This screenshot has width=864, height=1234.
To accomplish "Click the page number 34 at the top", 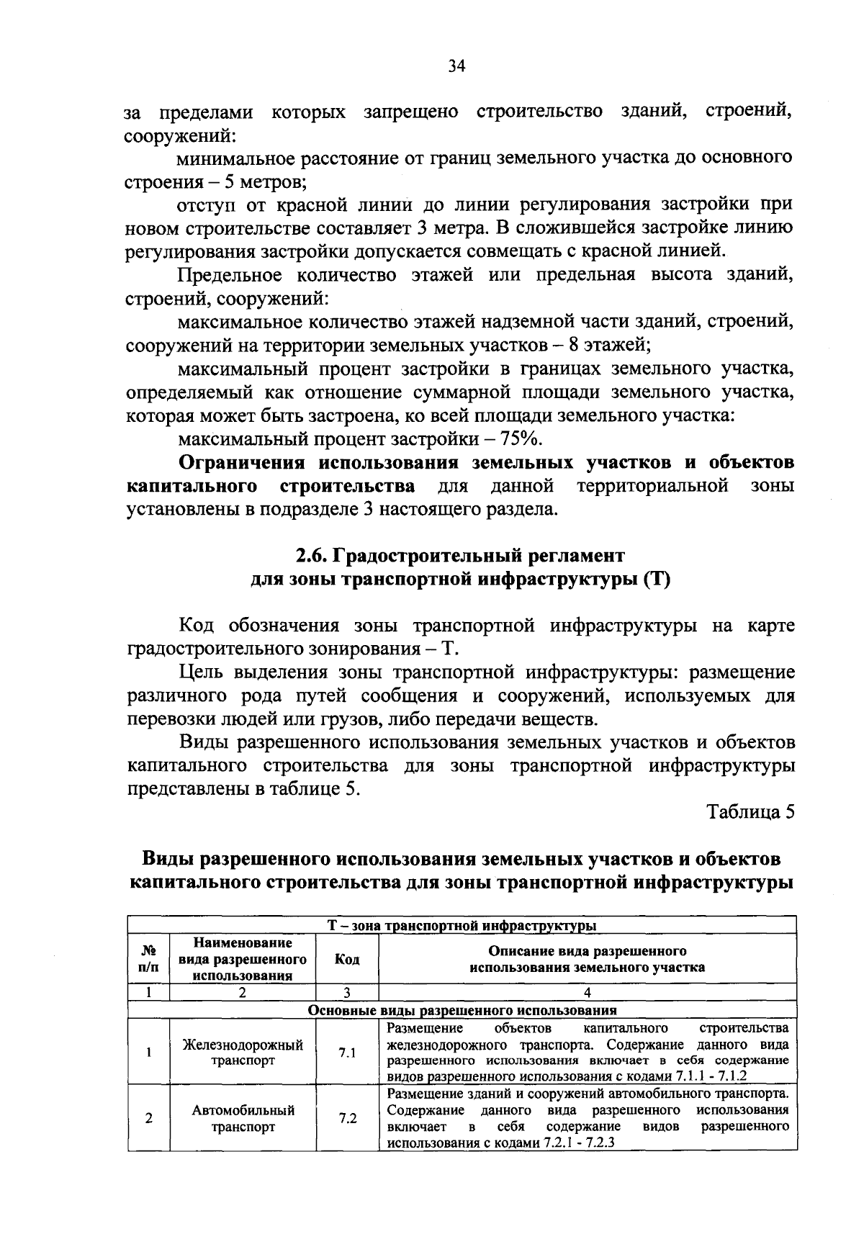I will [x=456, y=66].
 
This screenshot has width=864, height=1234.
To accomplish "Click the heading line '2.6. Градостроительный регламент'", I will [x=460, y=556].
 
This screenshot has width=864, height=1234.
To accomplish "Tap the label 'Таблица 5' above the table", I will [x=751, y=812].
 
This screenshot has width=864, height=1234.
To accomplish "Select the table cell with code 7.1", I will [x=347, y=1053].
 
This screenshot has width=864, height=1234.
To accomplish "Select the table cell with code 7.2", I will [x=347, y=1119].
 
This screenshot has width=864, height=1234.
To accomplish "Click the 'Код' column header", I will [x=347, y=959].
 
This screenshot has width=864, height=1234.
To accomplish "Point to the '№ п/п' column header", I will [x=148, y=959].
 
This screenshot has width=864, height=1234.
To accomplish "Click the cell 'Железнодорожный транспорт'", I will [x=243, y=1053].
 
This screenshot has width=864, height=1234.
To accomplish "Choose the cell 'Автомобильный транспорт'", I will [x=243, y=1119].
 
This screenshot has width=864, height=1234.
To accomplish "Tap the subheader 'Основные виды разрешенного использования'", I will [x=462, y=1010].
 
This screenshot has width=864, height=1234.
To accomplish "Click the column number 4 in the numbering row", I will [x=587, y=993].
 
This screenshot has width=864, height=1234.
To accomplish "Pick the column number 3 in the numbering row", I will [x=347, y=993].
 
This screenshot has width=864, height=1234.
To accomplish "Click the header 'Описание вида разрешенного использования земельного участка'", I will [x=587, y=959].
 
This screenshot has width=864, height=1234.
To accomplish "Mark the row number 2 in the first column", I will [x=148, y=1119].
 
